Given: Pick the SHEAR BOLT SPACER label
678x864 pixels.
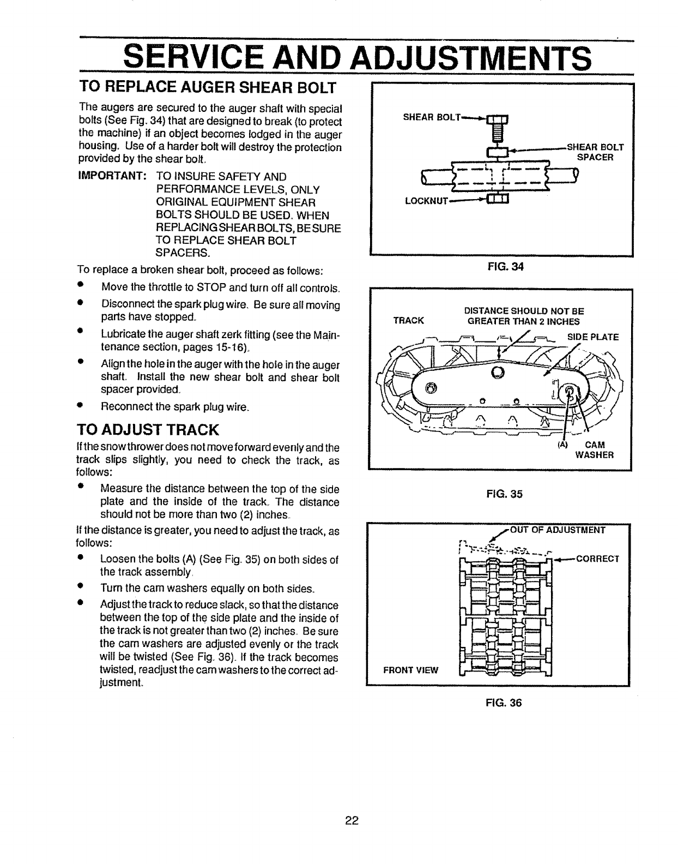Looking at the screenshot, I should (595, 152).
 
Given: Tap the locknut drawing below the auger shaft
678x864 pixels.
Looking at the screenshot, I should (497, 198).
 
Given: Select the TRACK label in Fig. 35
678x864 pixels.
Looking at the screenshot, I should (408, 320).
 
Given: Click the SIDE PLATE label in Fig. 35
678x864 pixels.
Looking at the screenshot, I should (593, 337).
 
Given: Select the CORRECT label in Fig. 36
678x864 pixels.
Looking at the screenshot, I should (598, 559).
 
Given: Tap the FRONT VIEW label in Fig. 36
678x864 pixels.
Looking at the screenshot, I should (411, 670).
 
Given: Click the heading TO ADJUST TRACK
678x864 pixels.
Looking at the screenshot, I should (148, 430).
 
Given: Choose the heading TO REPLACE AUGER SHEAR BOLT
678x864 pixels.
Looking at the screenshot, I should (208, 87).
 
